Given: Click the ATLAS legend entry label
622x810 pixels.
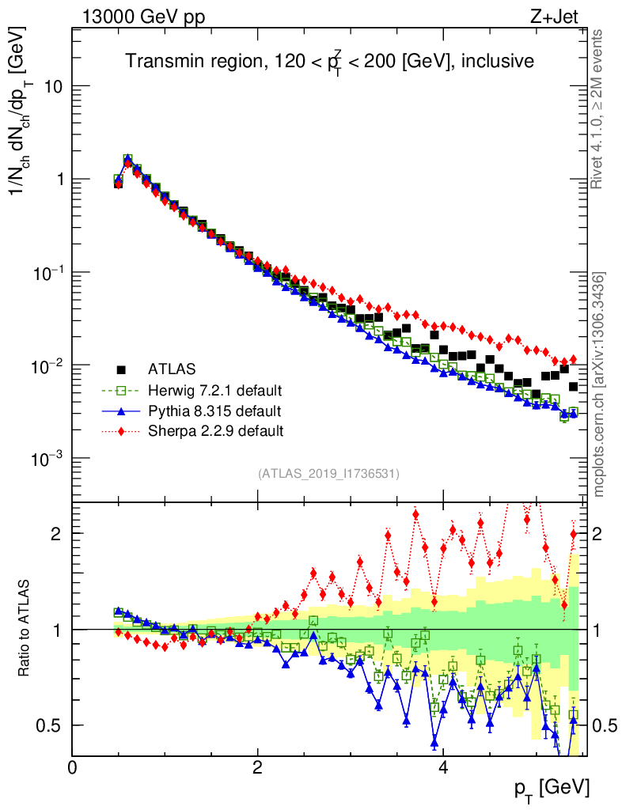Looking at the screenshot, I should [171, 369].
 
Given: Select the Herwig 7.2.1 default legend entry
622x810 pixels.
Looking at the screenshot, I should [214, 390].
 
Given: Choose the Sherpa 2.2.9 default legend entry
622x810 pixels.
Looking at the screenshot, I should [215, 431].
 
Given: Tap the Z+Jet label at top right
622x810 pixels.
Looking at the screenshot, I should [558, 16].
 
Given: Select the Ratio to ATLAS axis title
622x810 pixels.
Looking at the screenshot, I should [25, 628].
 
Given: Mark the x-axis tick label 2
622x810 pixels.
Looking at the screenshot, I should [258, 768].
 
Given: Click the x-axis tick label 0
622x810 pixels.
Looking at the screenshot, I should [73, 768].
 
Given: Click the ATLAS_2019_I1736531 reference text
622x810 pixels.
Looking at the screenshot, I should [328, 474].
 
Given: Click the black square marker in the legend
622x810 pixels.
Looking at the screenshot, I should [121, 369].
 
